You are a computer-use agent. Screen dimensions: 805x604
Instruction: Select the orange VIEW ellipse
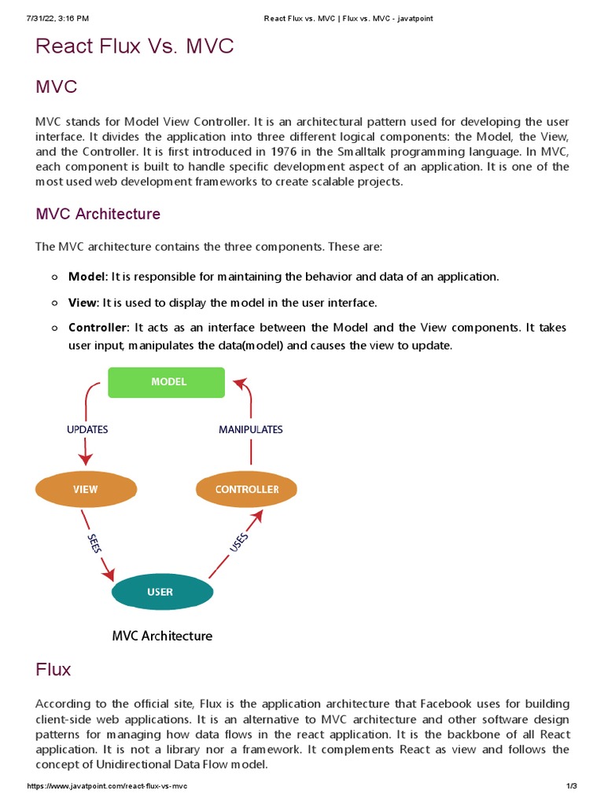(86, 489)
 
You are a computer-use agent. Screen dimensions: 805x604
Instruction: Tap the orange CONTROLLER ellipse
(246, 489)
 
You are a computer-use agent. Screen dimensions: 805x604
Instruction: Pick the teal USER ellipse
(160, 592)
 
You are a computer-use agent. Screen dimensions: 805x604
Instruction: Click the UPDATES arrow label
(87, 430)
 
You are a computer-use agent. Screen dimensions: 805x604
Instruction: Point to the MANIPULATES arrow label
(251, 430)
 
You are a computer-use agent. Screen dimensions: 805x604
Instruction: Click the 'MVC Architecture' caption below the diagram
(161, 635)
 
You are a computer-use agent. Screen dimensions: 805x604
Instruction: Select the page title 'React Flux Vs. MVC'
(134, 46)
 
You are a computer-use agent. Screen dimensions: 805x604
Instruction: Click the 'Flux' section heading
(53, 670)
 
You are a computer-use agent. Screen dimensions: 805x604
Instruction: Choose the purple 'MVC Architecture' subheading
(98, 214)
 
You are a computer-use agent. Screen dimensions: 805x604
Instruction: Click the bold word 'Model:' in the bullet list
(88, 277)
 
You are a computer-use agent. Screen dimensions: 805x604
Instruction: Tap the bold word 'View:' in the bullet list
(83, 303)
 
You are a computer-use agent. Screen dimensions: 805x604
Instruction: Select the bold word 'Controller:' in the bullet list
(99, 327)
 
